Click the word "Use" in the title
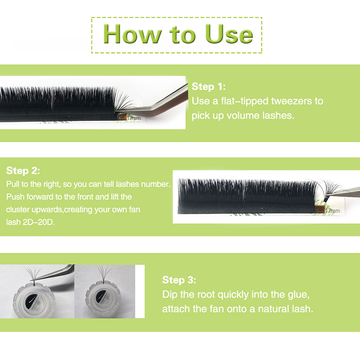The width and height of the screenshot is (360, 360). click(229, 34)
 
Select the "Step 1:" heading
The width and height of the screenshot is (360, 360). click(208, 86)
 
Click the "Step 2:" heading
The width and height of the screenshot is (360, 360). click(23, 171)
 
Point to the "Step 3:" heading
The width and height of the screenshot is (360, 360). click(179, 280)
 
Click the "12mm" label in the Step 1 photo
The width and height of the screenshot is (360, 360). click(134, 118)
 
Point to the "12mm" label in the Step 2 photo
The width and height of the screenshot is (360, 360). click(333, 211)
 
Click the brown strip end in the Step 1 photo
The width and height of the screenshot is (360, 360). click(122, 117)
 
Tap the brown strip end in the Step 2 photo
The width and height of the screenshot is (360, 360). click(320, 209)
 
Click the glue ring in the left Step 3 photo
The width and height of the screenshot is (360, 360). click(34, 301)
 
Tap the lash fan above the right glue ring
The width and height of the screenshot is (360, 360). click(104, 273)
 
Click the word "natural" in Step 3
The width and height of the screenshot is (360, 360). click(273, 309)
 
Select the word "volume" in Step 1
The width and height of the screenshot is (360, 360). click(243, 116)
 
